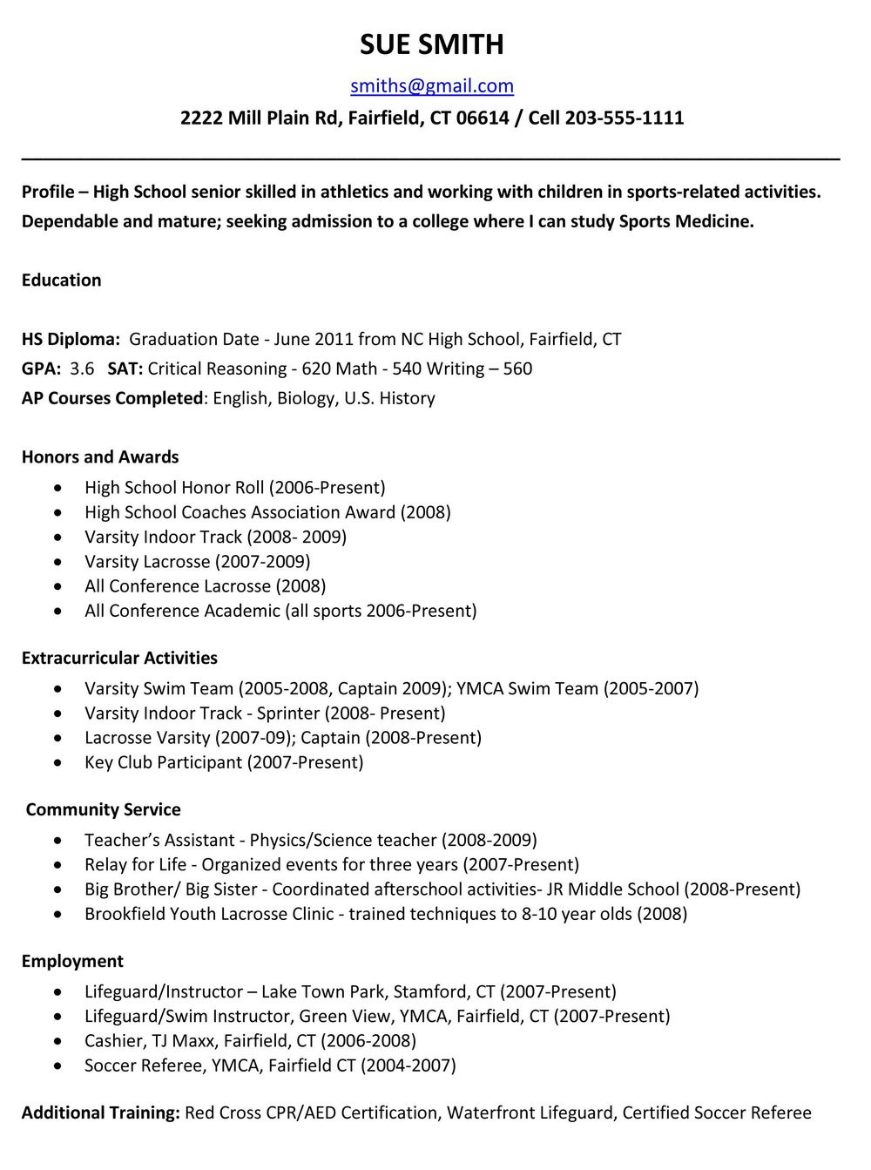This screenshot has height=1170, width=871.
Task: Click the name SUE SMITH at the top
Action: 431,44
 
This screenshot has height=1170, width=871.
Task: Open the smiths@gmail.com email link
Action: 431,85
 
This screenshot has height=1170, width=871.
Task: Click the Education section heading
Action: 61,280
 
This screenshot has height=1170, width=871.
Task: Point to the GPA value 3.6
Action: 82,369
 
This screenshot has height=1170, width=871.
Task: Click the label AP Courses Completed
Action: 111,398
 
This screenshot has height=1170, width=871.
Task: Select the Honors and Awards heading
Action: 100,457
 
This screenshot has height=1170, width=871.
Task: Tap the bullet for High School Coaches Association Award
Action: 57,513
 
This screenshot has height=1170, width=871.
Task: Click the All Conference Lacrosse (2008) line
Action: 205,585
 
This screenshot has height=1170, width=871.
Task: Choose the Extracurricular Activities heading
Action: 119,658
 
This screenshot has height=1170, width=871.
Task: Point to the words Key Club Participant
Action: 163,762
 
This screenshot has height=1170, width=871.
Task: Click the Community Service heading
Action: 103,809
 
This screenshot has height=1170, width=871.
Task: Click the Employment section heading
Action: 72,961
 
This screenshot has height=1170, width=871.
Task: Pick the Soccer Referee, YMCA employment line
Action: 270,1065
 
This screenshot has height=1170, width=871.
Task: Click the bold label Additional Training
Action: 100,1113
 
